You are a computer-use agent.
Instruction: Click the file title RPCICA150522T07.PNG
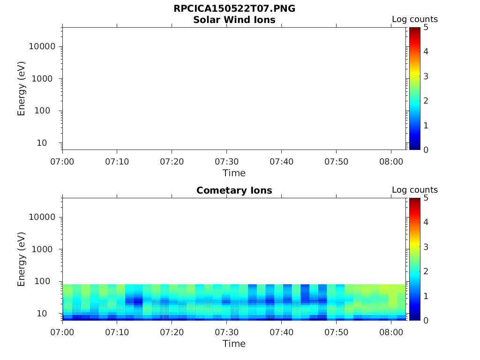234,9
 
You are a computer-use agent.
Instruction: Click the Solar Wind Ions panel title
234,20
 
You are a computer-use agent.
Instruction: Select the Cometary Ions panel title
234,190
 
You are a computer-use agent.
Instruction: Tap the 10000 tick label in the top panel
42,46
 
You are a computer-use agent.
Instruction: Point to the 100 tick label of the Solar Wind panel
47,111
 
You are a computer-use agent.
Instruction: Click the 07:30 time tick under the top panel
226,162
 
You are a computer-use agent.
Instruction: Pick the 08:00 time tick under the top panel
391,162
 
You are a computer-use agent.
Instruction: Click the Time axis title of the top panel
234,173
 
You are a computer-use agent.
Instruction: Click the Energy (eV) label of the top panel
21,88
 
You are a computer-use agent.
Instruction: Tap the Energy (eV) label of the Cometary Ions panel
21,259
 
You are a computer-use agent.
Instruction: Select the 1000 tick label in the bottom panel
45,249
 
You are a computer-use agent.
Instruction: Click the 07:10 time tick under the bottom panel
117,332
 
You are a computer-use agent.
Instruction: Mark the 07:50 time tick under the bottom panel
336,332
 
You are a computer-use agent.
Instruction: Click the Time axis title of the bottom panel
234,344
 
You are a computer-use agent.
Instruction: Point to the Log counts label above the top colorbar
414,20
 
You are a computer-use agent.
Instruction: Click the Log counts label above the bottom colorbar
414,190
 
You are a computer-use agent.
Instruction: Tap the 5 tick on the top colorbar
426,27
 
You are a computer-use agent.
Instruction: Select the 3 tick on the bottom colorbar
426,247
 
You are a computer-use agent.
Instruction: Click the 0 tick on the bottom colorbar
426,320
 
